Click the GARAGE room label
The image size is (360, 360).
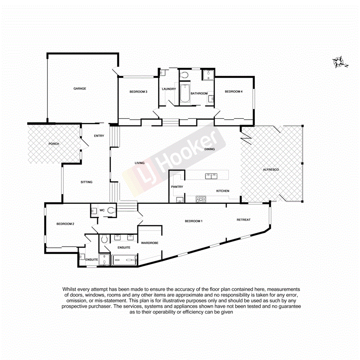(x=80, y=88)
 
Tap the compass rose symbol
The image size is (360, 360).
(x=340, y=62)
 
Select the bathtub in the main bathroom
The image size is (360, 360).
(x=184, y=93)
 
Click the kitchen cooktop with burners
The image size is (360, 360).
(x=201, y=199)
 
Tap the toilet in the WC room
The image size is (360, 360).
(x=111, y=211)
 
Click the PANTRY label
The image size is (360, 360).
(x=177, y=187)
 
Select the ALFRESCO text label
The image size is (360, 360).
(x=271, y=170)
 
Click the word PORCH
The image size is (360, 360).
(x=53, y=144)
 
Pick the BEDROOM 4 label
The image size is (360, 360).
(x=234, y=92)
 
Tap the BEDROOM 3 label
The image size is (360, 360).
(x=138, y=92)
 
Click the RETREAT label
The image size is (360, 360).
(x=243, y=220)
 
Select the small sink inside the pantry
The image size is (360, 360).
(x=179, y=200)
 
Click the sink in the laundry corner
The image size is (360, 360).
(x=162, y=72)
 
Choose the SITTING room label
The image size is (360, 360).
(x=87, y=182)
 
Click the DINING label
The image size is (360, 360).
(x=209, y=149)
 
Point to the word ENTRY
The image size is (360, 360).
(x=99, y=136)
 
